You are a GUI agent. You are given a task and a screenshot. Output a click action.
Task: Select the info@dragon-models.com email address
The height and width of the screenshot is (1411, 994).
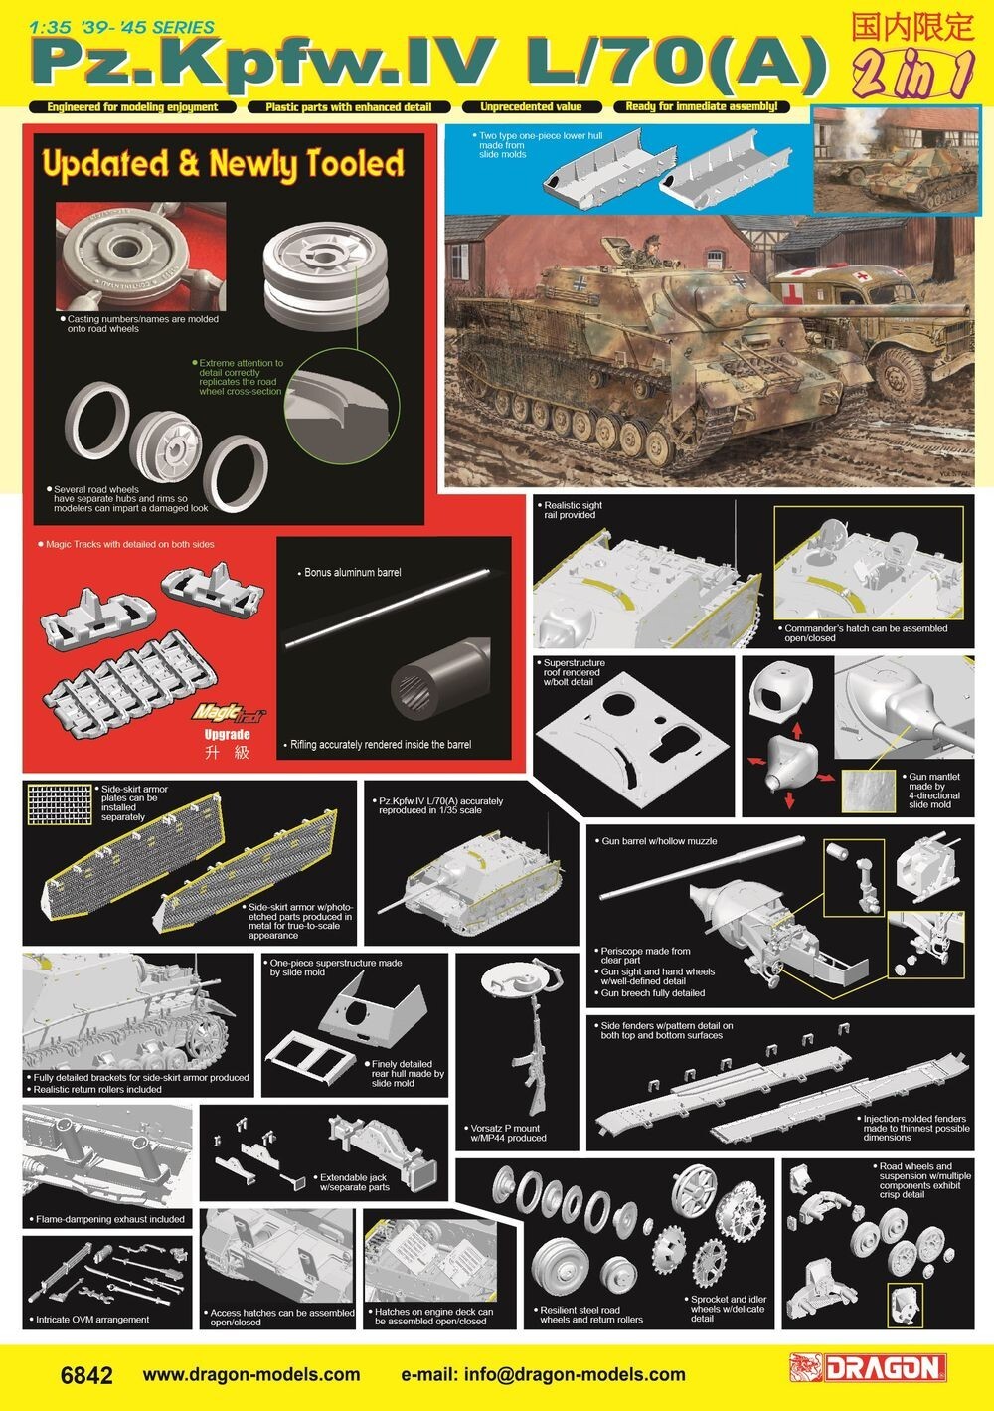[x=572, y=1375]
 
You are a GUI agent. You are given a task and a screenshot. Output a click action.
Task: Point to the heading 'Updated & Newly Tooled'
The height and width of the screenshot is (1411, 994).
[x=221, y=163]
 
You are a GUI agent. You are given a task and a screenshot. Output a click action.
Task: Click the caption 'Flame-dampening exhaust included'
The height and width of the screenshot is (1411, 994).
[x=109, y=1219]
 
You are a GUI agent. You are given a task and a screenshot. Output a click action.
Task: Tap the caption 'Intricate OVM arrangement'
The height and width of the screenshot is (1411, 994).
[x=92, y=1320]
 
